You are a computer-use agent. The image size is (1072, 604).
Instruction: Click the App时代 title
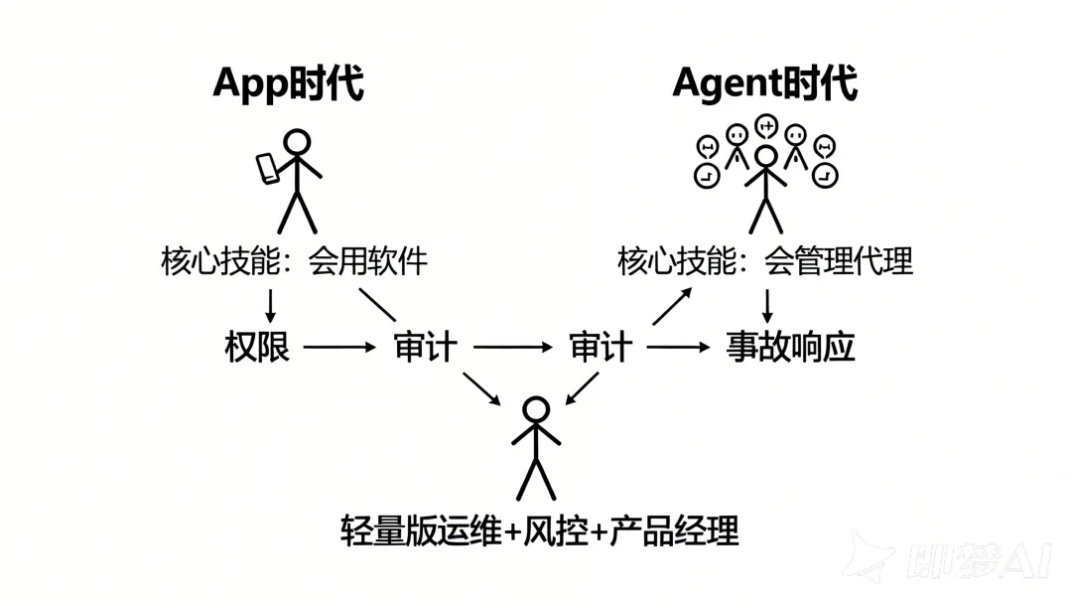pyautogui.click(x=288, y=83)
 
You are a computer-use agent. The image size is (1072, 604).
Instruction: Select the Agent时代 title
pyautogui.click(x=764, y=83)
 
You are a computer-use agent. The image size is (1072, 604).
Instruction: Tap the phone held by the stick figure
pyautogui.click(x=268, y=168)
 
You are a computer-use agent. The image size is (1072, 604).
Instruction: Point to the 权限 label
pyautogui.click(x=257, y=348)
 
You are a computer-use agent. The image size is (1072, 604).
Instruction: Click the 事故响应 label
pyautogui.click(x=790, y=348)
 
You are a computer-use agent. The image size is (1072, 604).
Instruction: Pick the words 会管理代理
pyautogui.click(x=838, y=261)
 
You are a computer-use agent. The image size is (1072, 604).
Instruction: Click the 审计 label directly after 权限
pyautogui.click(x=425, y=348)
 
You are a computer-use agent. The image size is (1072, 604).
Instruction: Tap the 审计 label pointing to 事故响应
pyautogui.click(x=601, y=348)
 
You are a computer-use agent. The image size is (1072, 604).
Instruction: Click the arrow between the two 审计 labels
pyautogui.click(x=512, y=348)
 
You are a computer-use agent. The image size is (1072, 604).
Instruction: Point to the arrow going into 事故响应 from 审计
pyautogui.click(x=679, y=348)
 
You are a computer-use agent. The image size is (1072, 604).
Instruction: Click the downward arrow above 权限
pyautogui.click(x=269, y=302)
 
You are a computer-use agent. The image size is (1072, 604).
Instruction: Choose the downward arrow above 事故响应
pyautogui.click(x=766, y=303)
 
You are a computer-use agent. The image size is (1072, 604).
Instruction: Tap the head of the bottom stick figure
pyautogui.click(x=536, y=409)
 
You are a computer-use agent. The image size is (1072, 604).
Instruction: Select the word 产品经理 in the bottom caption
pyautogui.click(x=674, y=531)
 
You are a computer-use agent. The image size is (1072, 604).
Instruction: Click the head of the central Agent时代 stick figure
pyautogui.click(x=765, y=157)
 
